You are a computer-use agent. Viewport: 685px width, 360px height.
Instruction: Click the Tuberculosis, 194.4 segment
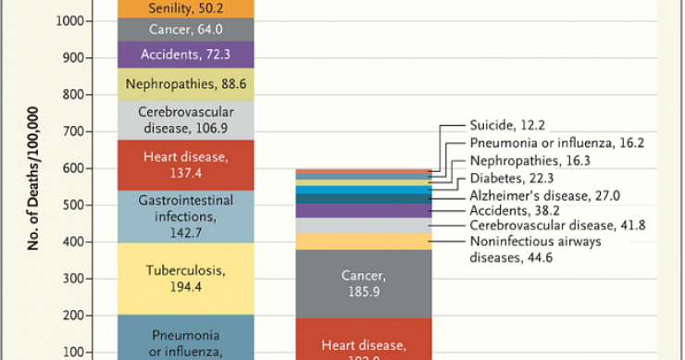[x=175, y=279]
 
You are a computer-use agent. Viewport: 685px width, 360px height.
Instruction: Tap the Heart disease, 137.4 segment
[x=175, y=166]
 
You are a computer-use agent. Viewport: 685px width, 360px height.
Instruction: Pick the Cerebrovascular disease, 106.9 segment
[x=175, y=119]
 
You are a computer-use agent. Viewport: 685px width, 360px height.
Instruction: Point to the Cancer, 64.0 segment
[x=175, y=30]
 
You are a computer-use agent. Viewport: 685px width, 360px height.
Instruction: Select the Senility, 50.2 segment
[x=175, y=8]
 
